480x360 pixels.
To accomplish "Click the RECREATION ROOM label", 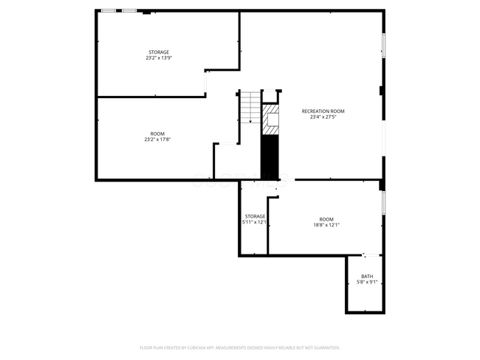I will point(323,111).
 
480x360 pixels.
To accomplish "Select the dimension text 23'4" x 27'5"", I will point(323,117).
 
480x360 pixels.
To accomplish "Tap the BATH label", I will point(366,276).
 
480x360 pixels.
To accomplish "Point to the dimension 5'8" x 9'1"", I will point(366,282).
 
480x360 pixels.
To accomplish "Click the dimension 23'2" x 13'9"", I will point(158,58).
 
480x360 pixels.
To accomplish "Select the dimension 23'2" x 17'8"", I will point(158,139).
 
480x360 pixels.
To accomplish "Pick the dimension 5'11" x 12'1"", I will point(255,222).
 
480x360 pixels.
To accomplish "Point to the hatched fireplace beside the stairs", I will point(272,120).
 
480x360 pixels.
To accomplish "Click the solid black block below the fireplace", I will point(271,157).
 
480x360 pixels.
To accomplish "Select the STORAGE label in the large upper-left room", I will point(158,52).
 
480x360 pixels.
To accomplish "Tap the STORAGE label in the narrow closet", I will point(255,216).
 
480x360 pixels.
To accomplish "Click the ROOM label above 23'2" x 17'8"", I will point(158,134).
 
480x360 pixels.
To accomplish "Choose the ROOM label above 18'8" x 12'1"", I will point(326,219).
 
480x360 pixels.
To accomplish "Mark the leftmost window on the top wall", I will point(109,10).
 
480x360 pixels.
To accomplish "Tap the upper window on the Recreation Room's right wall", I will point(383,45).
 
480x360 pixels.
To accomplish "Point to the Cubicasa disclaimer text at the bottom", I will point(239,347).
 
